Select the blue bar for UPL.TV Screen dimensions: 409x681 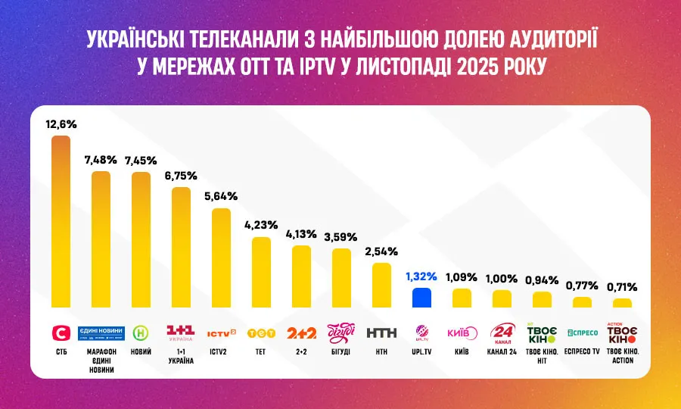click(x=421, y=298)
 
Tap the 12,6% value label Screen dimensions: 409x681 click(x=61, y=123)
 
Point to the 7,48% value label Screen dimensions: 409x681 click(x=101, y=160)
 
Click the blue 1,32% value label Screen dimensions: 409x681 click(x=421, y=276)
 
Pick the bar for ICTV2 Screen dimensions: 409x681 click(x=221, y=258)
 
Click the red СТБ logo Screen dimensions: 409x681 click(x=61, y=333)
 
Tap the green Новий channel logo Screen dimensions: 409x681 click(x=141, y=333)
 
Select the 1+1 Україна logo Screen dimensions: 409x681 click(x=181, y=333)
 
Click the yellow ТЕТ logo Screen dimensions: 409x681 click(x=261, y=333)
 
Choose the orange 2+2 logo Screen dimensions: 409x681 click(x=301, y=333)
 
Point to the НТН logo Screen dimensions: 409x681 click(x=381, y=333)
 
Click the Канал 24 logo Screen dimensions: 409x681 click(x=502, y=333)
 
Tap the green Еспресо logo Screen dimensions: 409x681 click(x=582, y=333)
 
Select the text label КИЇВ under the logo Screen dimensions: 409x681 click(x=462, y=352)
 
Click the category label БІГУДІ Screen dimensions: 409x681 click(x=341, y=352)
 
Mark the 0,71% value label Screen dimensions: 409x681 click(x=622, y=287)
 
